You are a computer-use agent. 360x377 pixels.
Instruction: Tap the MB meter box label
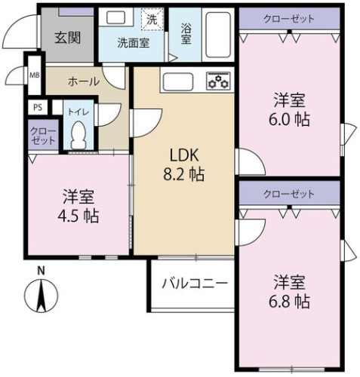[x=35, y=75]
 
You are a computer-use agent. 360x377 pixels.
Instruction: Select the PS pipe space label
[x=38, y=107]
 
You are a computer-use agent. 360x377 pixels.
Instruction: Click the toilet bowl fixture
[x=78, y=135]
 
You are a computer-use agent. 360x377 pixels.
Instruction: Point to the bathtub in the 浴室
[x=218, y=35]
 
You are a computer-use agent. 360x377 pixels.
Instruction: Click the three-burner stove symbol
[x=218, y=81]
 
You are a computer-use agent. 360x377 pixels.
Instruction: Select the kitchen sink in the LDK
[x=178, y=81]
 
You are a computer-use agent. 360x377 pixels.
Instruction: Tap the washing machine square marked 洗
[x=152, y=19]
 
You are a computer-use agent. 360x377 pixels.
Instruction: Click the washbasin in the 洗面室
[x=115, y=17]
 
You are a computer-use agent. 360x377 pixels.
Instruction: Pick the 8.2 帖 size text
[x=184, y=174]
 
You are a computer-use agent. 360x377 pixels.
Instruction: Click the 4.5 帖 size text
[x=78, y=216]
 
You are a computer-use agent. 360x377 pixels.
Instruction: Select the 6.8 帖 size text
[x=289, y=302]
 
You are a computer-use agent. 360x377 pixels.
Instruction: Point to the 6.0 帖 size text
[x=289, y=120]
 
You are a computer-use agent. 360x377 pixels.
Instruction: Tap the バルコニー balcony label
[x=195, y=284]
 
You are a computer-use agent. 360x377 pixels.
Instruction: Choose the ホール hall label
[x=84, y=81]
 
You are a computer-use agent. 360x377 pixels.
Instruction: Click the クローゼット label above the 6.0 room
[x=289, y=19]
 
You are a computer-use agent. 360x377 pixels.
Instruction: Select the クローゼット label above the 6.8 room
[x=289, y=194]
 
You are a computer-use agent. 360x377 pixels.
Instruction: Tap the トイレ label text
[x=78, y=112]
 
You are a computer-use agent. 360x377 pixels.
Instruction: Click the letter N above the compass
[x=41, y=271]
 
